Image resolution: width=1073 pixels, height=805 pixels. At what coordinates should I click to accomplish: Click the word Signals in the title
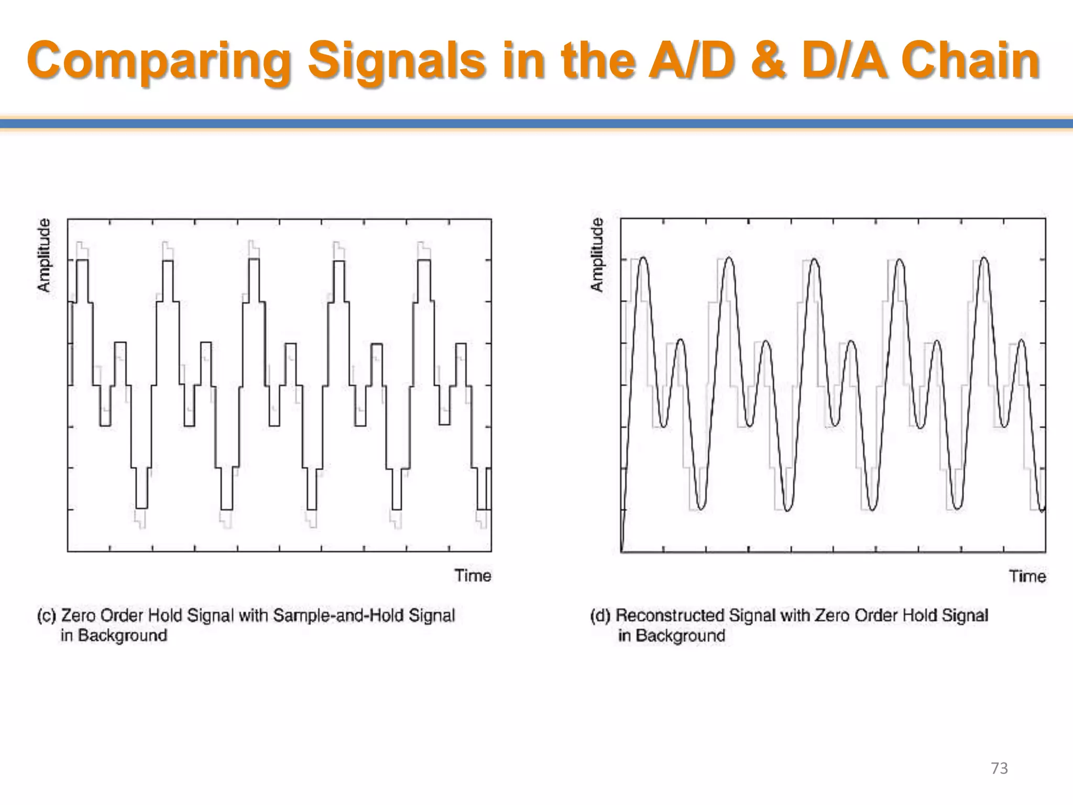pyautogui.click(x=396, y=62)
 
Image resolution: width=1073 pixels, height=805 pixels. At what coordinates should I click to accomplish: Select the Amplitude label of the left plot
pyautogui.click(x=45, y=255)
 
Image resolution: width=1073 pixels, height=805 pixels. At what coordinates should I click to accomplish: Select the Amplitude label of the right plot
pyautogui.click(x=597, y=255)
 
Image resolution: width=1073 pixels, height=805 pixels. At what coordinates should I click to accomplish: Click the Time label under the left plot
pyautogui.click(x=473, y=575)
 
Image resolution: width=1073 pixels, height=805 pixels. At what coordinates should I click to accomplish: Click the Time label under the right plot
pyautogui.click(x=1027, y=576)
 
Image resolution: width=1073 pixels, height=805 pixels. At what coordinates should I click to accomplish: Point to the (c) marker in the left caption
pyautogui.click(x=47, y=615)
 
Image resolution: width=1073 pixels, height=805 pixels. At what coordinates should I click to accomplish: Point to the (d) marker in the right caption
pyautogui.click(x=600, y=615)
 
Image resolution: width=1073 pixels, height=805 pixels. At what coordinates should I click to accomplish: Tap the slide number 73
pyautogui.click(x=999, y=768)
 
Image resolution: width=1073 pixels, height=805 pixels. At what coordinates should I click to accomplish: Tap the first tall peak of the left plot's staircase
pyautogui.click(x=82, y=260)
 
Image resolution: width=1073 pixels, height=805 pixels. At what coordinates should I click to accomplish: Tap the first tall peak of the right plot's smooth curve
pyautogui.click(x=643, y=258)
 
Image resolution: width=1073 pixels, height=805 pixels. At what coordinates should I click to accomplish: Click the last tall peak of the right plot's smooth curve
pyautogui.click(x=984, y=258)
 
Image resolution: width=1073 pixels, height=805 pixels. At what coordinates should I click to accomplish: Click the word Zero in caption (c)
pyautogui.click(x=79, y=615)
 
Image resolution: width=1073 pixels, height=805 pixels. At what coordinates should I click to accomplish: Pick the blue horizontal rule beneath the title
pyautogui.click(x=536, y=124)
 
